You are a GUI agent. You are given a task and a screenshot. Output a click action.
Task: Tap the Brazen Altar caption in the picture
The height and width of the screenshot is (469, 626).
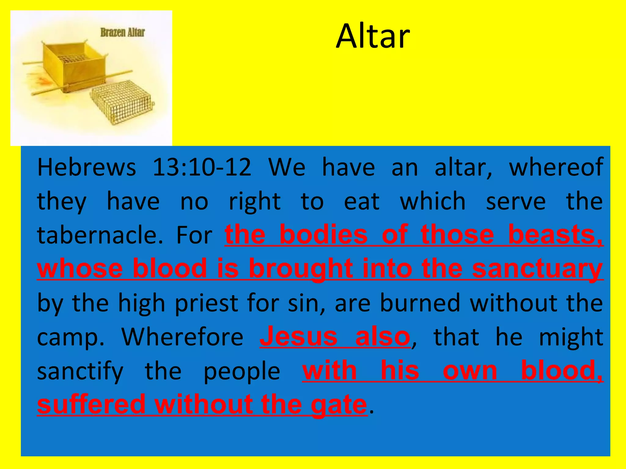pos(122,32)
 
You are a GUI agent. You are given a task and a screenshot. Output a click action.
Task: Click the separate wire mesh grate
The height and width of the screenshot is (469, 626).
pos(122,102)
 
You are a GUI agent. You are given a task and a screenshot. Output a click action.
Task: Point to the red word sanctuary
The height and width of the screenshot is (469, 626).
pos(537,269)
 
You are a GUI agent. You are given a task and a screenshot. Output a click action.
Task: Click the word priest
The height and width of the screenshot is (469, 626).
pos(206,303)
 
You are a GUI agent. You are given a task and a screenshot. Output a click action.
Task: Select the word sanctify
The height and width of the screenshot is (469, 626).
pos(80,371)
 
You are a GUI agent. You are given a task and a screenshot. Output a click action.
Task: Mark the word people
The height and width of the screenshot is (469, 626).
pos(241,371)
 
